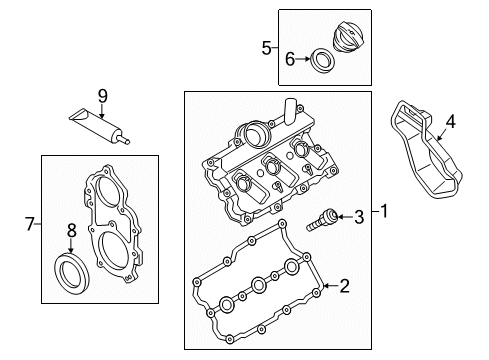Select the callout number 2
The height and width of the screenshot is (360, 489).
click(x=344, y=287)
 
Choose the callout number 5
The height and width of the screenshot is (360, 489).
click(x=265, y=46)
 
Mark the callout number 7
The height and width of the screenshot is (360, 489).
click(x=30, y=226)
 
